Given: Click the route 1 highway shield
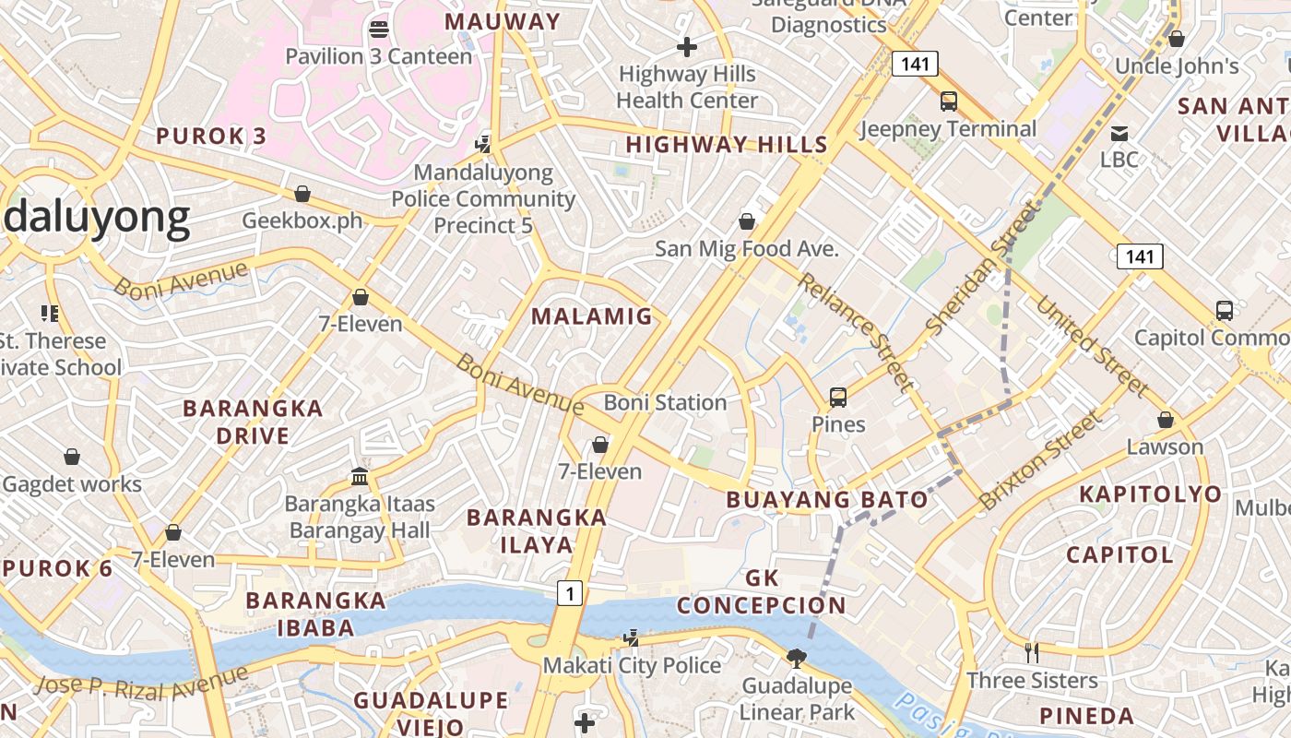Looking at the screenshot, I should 570,594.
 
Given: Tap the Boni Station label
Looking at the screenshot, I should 665,402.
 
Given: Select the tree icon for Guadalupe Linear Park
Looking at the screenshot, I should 796,658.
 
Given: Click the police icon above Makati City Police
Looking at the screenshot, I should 631,637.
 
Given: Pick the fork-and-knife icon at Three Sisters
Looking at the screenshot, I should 1032,653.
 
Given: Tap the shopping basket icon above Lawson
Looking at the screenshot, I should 1165,420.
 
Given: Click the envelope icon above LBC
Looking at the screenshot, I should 1119,133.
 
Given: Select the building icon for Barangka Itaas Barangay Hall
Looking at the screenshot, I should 360,477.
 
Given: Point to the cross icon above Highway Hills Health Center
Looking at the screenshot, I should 686,46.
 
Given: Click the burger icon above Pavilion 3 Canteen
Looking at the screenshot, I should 378,29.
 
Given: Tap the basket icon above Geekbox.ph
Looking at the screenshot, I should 302,194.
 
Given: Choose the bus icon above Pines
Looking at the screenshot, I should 837,398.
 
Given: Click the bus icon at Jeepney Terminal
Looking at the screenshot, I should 948,101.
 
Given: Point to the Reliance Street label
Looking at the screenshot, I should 856,331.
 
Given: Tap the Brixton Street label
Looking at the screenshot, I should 1040,461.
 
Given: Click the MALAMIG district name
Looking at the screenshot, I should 592,316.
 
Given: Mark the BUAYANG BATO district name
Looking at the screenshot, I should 827,500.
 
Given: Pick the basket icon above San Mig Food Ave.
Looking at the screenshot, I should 747,221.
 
